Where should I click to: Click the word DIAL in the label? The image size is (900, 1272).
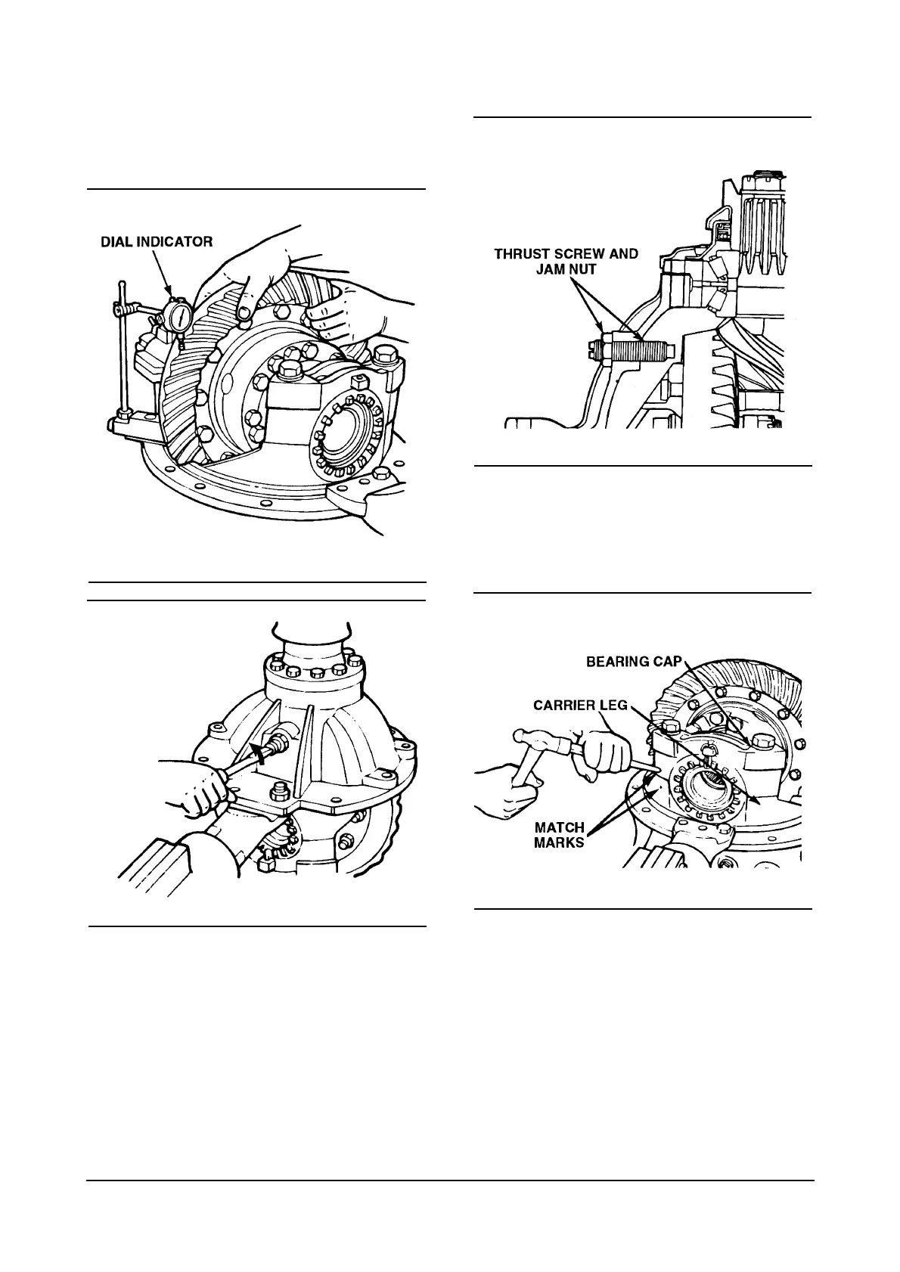click(118, 242)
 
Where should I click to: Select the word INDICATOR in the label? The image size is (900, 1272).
click(175, 242)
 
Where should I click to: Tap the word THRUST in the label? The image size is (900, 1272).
click(523, 254)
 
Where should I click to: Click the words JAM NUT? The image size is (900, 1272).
click(566, 268)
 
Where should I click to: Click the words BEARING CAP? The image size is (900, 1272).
click(635, 661)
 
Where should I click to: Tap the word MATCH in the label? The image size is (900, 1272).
click(560, 827)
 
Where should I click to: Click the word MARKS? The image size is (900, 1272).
click(560, 842)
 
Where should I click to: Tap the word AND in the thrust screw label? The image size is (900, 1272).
click(622, 254)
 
